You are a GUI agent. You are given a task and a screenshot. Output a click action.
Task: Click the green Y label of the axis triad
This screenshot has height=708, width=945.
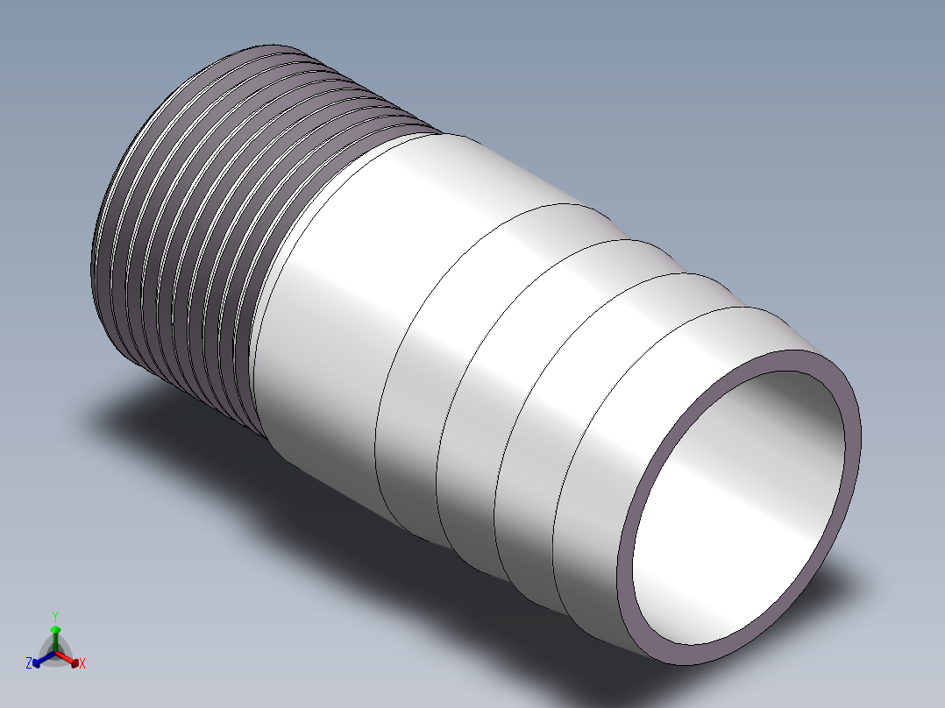[x=55, y=616]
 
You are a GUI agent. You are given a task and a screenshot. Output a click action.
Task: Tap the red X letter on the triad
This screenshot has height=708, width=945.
[x=82, y=663]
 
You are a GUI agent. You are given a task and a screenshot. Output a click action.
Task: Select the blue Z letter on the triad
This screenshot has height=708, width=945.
[x=28, y=662]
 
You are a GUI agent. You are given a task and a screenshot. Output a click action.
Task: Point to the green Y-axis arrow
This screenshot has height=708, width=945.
[x=55, y=638]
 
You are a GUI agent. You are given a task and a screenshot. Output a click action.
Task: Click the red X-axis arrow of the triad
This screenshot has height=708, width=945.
[x=67, y=659]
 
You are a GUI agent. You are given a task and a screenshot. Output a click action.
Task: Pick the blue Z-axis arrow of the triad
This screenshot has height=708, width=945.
[x=44, y=659]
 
